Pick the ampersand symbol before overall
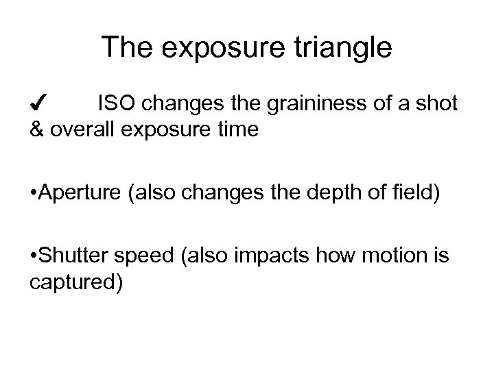click(38, 130)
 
